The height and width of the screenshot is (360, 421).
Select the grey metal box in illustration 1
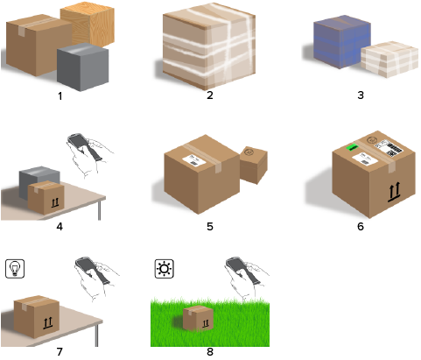(83, 67)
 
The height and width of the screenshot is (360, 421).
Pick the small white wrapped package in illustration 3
(389, 60)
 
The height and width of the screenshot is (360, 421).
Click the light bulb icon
(15, 269)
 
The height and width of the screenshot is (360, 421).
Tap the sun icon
(165, 269)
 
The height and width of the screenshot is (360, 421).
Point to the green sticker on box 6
(352, 147)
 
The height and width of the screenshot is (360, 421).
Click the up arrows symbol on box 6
(395, 192)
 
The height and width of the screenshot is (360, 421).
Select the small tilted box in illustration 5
(254, 165)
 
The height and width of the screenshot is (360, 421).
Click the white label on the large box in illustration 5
(194, 160)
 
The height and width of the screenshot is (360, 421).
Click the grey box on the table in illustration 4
(39, 182)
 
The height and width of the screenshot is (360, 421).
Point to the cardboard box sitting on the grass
(198, 318)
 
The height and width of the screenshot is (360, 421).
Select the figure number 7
(60, 352)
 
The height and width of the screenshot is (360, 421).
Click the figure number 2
(210, 95)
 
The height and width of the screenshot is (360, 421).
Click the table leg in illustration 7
(97, 335)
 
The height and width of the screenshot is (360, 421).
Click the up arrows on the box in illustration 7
(48, 323)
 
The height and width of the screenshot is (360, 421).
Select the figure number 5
(210, 227)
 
